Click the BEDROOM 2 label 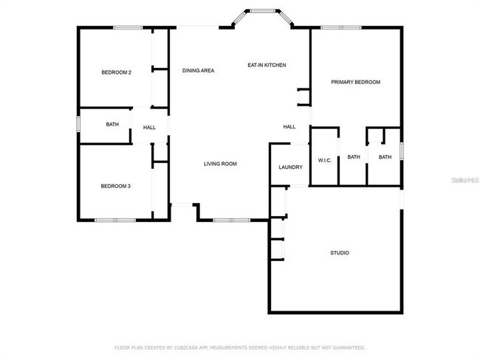point(116,72)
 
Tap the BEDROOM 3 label point(116,186)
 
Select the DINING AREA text point(198,70)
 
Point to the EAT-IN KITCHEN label point(267,66)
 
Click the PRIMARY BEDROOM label point(356,82)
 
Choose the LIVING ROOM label point(220,164)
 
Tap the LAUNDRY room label point(290,167)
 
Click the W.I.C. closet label point(324,159)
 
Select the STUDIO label point(339,253)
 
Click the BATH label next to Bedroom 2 point(112,125)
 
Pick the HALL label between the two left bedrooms point(149,128)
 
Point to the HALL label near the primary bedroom point(289,126)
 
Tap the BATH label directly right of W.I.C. point(354,157)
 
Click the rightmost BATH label point(385,157)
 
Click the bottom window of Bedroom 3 point(114,219)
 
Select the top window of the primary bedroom point(340,28)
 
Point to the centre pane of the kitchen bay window point(262,10)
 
